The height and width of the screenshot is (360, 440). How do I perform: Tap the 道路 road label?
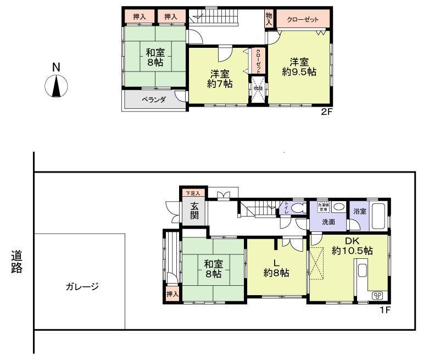pyautogui.click(x=16, y=262)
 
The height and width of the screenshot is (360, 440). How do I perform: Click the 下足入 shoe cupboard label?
pyautogui.click(x=192, y=193)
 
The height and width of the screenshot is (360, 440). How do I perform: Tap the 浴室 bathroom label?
pyautogui.click(x=360, y=212)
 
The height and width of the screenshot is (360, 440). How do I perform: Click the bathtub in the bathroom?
pyautogui.click(x=380, y=216)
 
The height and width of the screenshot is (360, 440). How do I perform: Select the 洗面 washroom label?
pyautogui.click(x=328, y=222)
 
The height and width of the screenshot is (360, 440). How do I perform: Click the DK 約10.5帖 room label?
pyautogui.click(x=352, y=246)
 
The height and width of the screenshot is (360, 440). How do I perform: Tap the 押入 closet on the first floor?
pyautogui.click(x=173, y=294)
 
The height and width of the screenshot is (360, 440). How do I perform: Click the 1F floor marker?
pyautogui.click(x=385, y=311)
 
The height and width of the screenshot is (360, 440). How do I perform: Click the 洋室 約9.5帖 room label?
pyautogui.click(x=299, y=66)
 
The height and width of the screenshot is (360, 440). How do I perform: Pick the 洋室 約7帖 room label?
pyautogui.click(x=219, y=79)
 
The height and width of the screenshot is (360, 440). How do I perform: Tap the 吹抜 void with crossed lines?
pyautogui.click(x=258, y=92)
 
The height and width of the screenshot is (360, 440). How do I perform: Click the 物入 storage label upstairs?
pyautogui.click(x=269, y=19)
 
